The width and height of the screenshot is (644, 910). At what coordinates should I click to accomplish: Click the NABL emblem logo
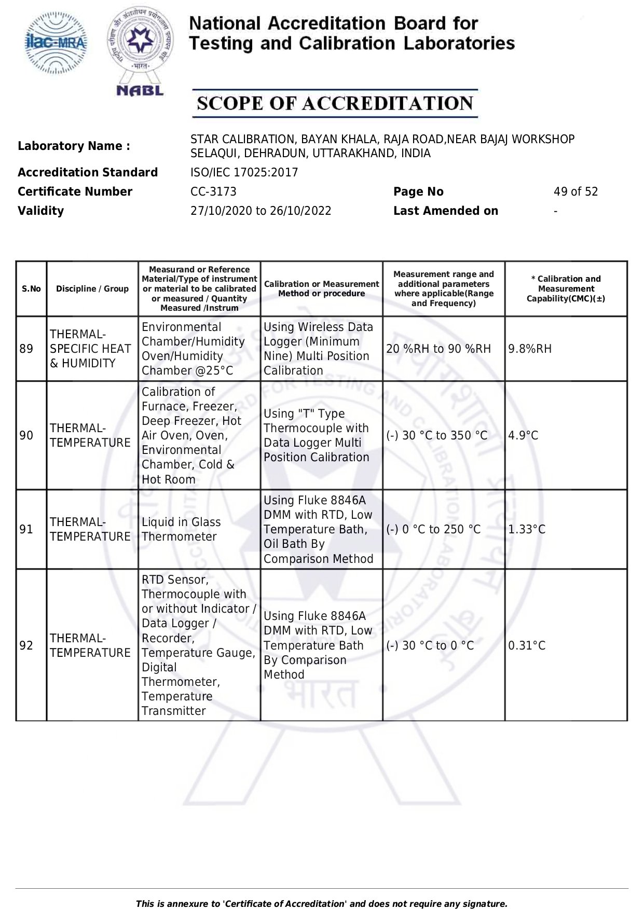[x=140, y=51]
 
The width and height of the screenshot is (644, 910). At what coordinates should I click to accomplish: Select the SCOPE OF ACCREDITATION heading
[x=335, y=103]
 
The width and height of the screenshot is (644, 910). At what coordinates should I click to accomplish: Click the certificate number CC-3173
[x=213, y=191]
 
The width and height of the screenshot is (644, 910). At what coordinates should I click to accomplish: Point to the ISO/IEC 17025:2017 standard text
[x=244, y=172]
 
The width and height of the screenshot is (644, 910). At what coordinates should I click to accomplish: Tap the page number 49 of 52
[x=576, y=191]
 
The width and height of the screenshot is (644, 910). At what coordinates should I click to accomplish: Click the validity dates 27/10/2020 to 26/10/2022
[x=261, y=211]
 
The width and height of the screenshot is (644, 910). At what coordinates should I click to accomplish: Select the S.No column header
[x=31, y=289]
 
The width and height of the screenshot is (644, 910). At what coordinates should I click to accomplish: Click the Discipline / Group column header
[x=92, y=289]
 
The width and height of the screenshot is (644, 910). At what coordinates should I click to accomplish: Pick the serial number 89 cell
[x=26, y=349]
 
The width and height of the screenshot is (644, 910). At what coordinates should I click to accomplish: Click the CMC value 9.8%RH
[x=530, y=349]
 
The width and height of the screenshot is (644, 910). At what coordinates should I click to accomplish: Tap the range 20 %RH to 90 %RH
[x=439, y=349]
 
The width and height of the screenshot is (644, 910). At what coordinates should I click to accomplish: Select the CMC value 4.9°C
[x=523, y=435]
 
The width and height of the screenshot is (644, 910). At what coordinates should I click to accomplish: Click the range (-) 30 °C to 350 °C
[x=437, y=435]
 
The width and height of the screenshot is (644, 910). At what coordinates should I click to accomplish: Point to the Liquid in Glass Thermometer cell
[x=181, y=529]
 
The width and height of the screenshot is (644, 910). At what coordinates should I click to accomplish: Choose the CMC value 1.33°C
[x=527, y=529]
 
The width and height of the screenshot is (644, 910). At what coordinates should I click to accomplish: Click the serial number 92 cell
[x=26, y=645]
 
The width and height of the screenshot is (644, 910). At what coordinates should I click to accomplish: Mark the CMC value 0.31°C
[x=527, y=645]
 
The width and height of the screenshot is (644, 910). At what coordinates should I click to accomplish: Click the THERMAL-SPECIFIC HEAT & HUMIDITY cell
[x=90, y=349]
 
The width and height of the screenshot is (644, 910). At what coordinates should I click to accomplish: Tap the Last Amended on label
[x=445, y=211]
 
